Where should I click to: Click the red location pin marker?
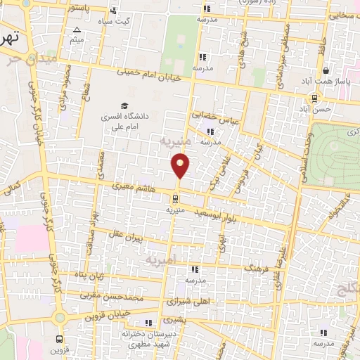coord(181,165)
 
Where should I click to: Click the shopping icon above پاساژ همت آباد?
coord(326,71)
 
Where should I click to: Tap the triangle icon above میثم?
coord(76,30)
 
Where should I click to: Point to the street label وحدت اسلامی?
coord(302,151)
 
